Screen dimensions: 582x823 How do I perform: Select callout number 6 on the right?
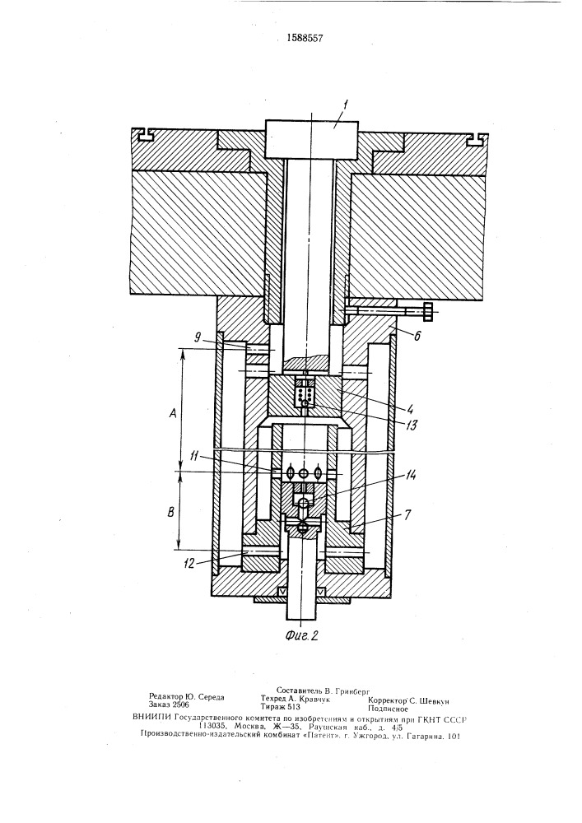pos(417,337)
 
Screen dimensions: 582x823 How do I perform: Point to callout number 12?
pos(189,564)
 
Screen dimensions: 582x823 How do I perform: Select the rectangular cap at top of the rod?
pos(312,139)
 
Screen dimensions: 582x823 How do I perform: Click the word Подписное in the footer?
pos(388,709)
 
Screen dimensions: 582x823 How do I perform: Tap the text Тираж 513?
pos(280,706)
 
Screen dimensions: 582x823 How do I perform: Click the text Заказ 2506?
pos(169,705)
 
